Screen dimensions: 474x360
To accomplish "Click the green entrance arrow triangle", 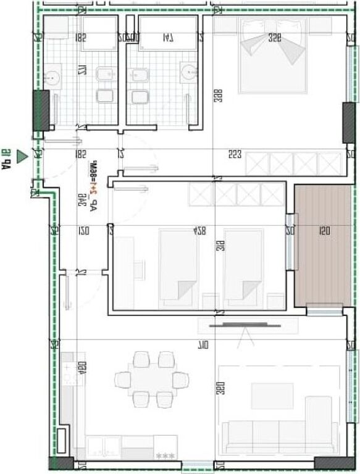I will coord(22,157).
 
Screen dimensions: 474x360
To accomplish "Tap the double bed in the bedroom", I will coord(272,56).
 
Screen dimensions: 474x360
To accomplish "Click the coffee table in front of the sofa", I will coord(272,396).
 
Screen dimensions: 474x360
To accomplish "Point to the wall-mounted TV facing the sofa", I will coord(245,325).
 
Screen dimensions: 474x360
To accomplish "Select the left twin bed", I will coord(179,267).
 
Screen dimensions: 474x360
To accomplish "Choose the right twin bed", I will coord(243,267).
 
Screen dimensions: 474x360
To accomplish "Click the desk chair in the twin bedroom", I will coord(139,269).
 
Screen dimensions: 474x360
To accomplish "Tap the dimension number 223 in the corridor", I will coord(234,154).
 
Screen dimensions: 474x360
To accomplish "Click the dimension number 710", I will coord(203,344).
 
